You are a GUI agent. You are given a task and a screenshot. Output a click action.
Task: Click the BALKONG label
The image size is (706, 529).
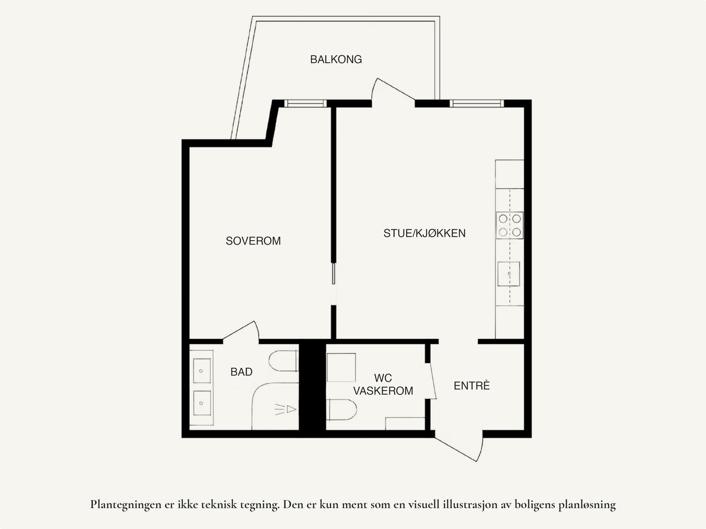(x=336, y=59)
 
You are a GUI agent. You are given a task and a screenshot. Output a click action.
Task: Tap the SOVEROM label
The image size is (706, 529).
(x=253, y=241)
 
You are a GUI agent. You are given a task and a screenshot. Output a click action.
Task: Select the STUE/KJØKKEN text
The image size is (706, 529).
(x=424, y=233)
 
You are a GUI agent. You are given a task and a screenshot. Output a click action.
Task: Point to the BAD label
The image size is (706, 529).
(x=241, y=372)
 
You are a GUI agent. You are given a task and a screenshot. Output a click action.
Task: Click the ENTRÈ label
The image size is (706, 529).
(x=472, y=385)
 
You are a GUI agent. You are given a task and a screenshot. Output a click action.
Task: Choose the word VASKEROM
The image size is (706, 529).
(x=383, y=391)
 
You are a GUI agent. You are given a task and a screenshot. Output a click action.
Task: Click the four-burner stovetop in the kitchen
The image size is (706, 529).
(x=510, y=225)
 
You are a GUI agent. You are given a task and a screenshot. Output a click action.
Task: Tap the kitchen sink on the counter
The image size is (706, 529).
(x=509, y=274)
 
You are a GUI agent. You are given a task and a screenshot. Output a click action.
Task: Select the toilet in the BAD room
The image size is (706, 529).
(x=282, y=361)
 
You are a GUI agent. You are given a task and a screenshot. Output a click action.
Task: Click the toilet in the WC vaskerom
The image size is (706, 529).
(x=342, y=409)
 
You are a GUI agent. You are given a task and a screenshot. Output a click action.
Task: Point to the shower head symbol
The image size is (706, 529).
(x=285, y=409)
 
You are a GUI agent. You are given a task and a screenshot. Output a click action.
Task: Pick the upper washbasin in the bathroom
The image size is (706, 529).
(x=202, y=370)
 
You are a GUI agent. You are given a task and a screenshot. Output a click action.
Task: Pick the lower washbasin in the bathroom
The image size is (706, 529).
(x=202, y=403)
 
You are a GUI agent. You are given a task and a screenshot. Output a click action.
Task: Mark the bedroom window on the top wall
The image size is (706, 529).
(x=305, y=103)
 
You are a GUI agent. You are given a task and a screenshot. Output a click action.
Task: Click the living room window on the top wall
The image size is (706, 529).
(x=477, y=103)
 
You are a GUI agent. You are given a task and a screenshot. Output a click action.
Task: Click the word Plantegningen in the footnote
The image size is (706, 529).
(x=125, y=504)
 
